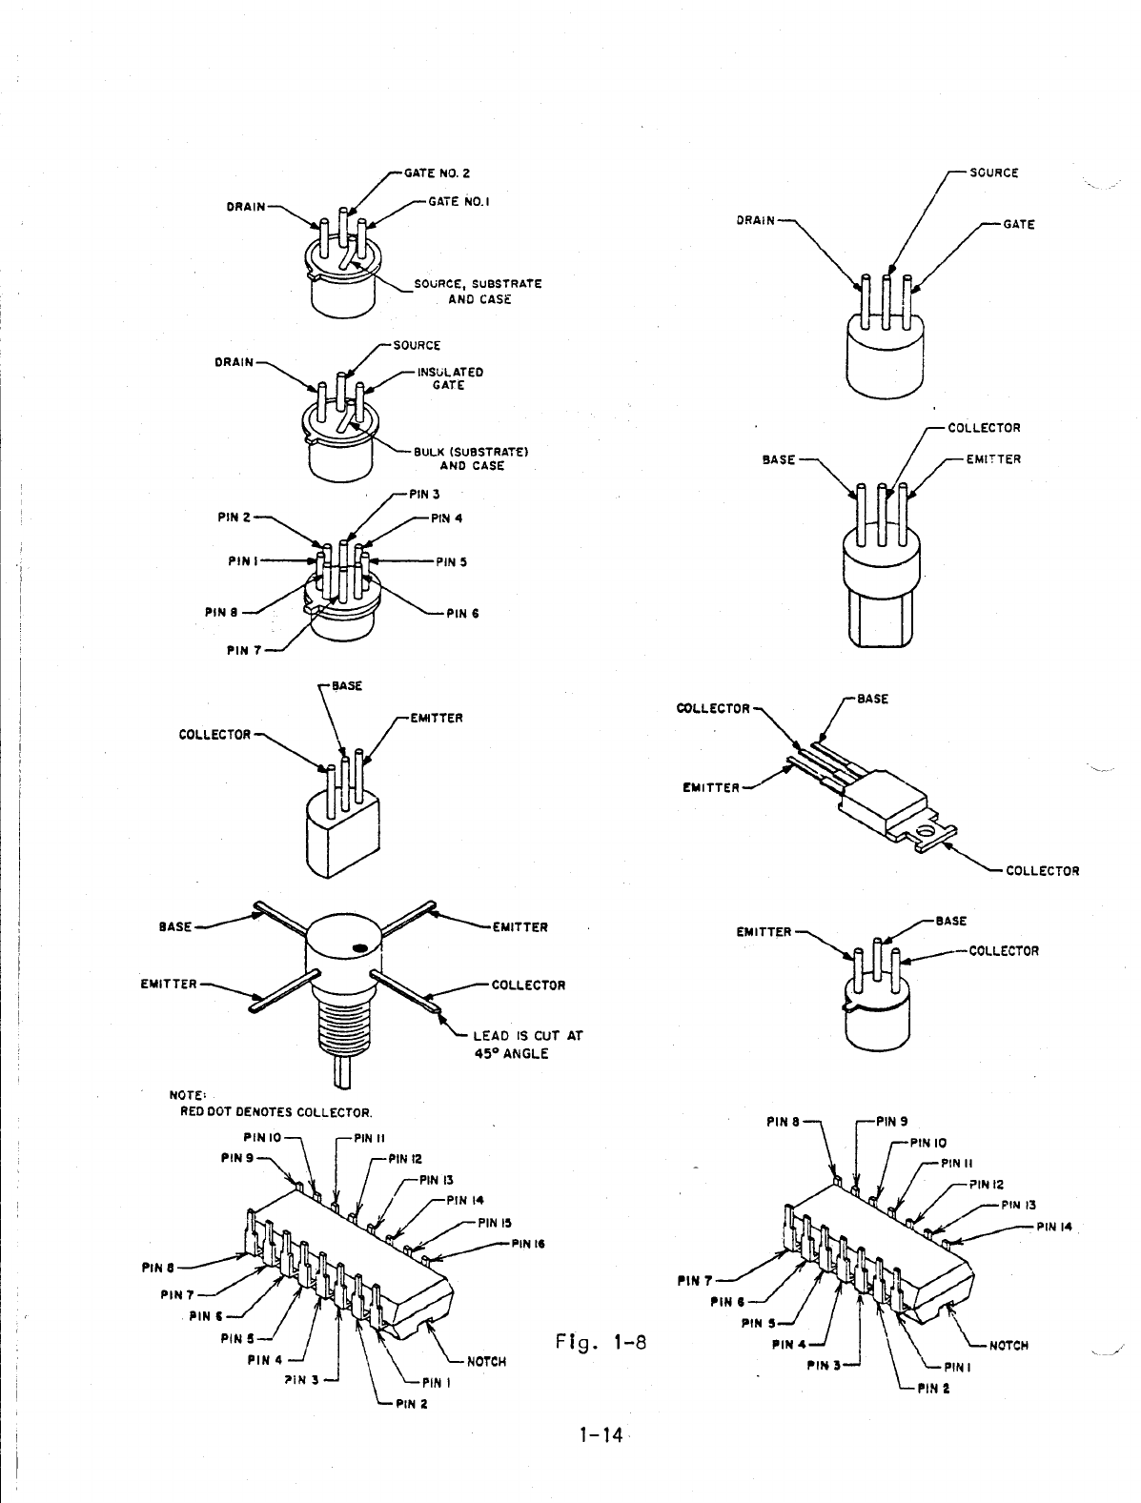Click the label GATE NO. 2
(437, 173)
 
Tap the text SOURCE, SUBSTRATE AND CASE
(478, 292)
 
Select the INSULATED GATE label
(449, 378)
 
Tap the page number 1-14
(600, 1433)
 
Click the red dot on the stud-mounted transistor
(359, 948)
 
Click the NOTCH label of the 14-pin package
(1009, 1346)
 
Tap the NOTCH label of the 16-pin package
(486, 1361)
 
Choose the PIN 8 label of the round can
(221, 612)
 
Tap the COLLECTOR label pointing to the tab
(1042, 870)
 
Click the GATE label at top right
(1018, 225)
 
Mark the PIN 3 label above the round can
(423, 494)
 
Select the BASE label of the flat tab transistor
(872, 699)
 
